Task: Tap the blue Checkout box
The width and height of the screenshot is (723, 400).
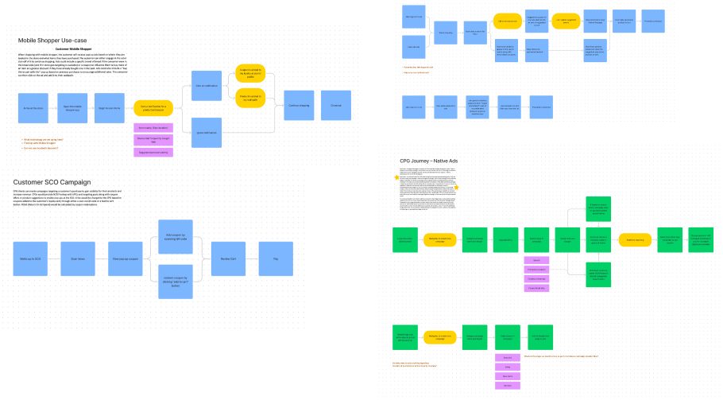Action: tap(335, 106)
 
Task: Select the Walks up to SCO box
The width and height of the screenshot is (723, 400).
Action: tap(31, 258)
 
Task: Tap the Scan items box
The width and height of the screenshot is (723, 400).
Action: tap(78, 258)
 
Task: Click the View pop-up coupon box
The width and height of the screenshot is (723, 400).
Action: tap(125, 258)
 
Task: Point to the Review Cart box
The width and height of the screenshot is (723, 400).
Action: tap(227, 258)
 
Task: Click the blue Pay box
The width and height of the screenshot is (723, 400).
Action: tap(276, 258)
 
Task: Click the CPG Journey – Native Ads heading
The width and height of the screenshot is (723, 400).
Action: tap(429, 161)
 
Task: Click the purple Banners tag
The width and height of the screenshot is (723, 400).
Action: tap(506, 386)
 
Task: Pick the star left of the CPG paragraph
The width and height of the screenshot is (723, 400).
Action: tap(396, 179)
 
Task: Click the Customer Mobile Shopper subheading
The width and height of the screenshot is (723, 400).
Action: tap(95, 49)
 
